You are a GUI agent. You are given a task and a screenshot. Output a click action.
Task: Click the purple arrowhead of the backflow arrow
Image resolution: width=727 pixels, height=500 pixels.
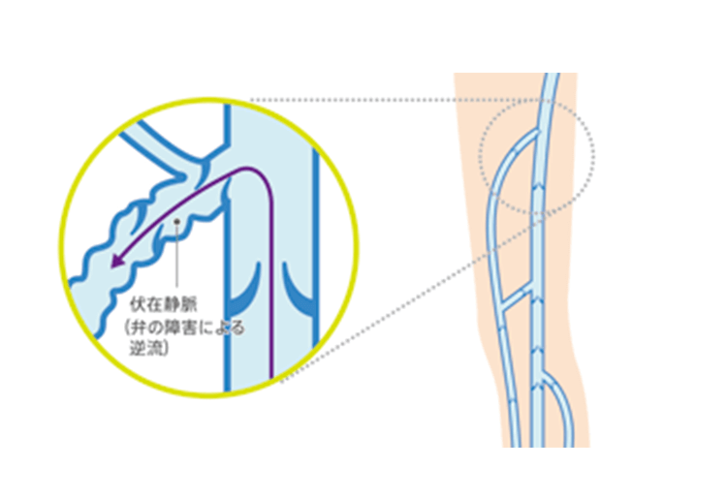(116, 261)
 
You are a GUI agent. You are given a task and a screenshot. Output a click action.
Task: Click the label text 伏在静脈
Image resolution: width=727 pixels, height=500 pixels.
(163, 304)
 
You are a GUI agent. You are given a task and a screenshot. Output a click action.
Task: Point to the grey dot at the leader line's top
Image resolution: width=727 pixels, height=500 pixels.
(176, 222)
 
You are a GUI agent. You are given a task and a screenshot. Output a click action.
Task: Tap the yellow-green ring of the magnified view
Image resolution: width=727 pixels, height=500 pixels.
(61, 245)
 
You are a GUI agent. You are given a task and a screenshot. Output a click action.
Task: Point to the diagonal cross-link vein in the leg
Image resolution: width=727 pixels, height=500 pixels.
(516, 297)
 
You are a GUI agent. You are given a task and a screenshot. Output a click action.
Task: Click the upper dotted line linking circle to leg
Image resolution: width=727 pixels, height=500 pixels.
(398, 100)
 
